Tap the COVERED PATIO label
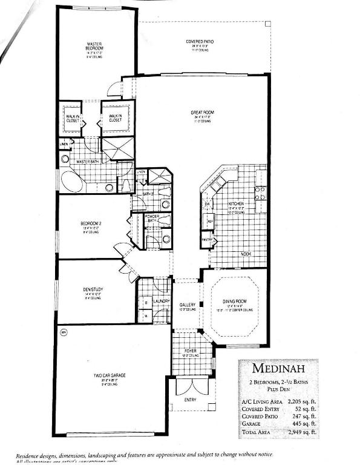coord(200,42)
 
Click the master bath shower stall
coord(116,149)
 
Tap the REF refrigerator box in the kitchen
coord(210,222)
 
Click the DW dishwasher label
coord(207,204)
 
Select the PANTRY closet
coord(207,240)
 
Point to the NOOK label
coord(246,254)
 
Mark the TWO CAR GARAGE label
coord(110,376)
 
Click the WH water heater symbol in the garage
coord(64,331)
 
